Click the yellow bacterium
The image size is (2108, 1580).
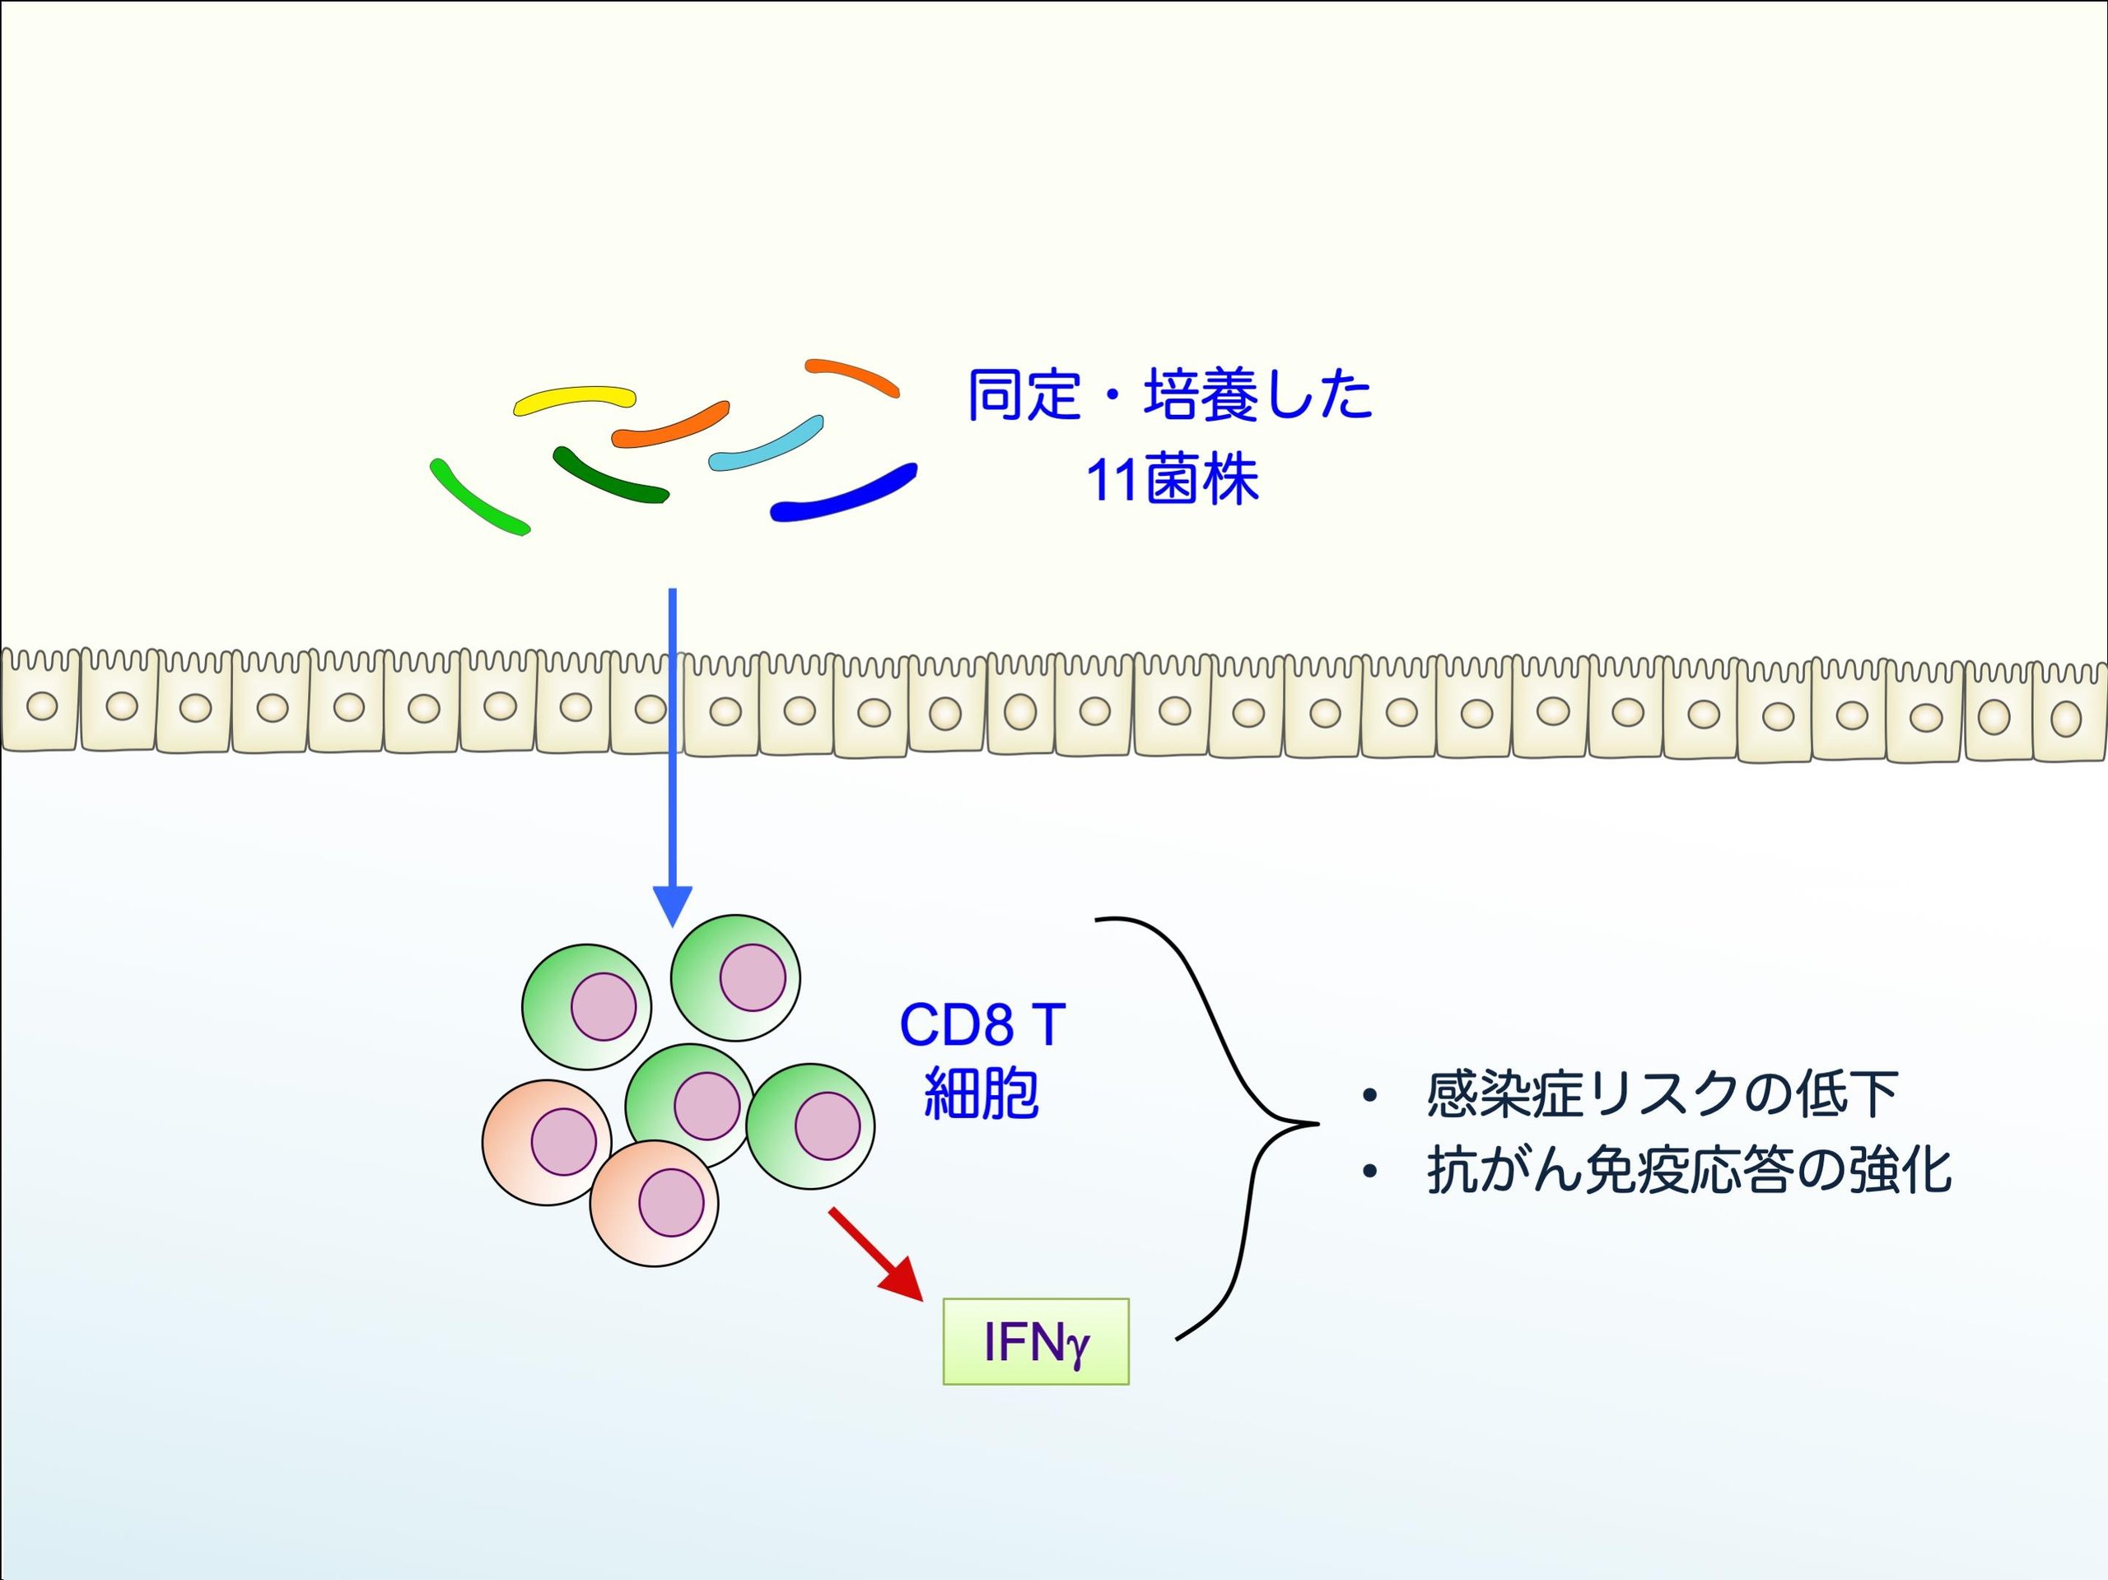click(x=575, y=399)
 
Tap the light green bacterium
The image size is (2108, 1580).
click(x=478, y=496)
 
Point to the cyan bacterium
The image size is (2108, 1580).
click(x=765, y=445)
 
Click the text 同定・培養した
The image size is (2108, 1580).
click(x=1170, y=394)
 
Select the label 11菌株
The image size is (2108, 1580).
click(x=1173, y=479)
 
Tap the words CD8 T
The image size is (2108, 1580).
click(x=982, y=1025)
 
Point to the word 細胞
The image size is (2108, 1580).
click(x=982, y=1093)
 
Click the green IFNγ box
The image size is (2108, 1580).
click(x=1036, y=1340)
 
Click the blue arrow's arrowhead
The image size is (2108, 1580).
click(x=673, y=904)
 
